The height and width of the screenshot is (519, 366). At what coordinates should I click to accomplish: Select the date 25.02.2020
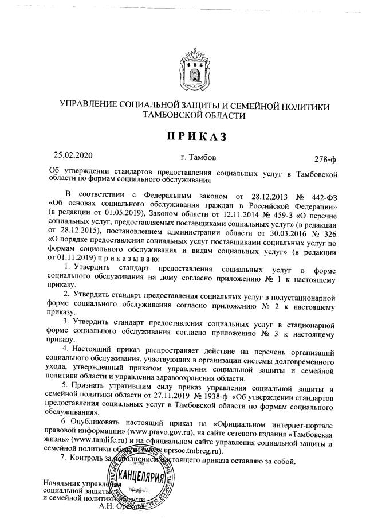[73, 155]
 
